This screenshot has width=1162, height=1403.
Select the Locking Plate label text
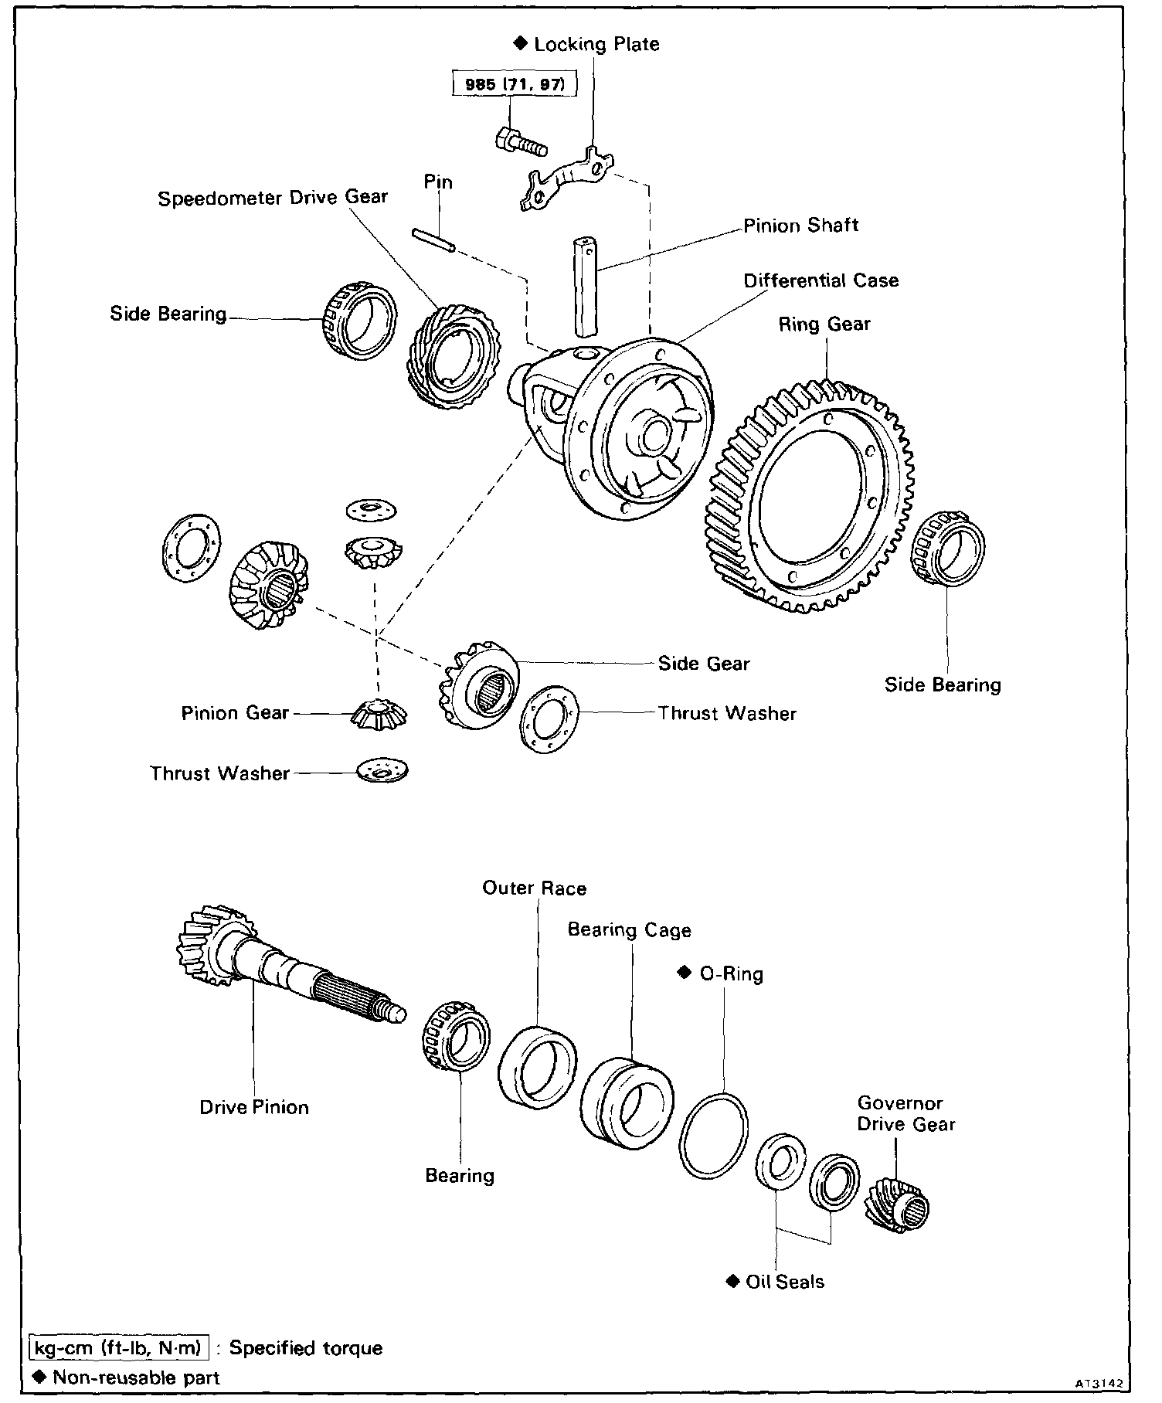(x=596, y=44)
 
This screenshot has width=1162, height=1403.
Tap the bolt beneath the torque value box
(x=521, y=141)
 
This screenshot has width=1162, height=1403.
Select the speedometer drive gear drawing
(x=453, y=355)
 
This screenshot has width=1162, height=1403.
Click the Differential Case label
(x=821, y=280)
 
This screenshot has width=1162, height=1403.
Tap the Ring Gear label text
(x=824, y=324)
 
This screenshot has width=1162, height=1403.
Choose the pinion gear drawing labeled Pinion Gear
(x=379, y=713)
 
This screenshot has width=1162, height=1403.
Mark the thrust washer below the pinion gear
(x=382, y=771)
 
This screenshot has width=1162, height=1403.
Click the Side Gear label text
(x=703, y=664)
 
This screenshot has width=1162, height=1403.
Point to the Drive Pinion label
(x=254, y=1107)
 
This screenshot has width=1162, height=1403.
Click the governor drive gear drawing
(x=898, y=1206)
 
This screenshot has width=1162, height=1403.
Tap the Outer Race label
(x=534, y=888)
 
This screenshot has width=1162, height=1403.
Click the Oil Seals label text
(x=784, y=1282)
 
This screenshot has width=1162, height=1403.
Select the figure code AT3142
(x=1097, y=1382)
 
